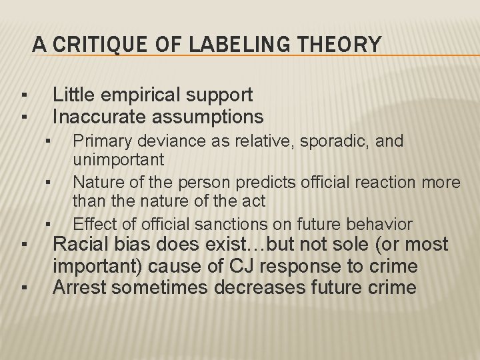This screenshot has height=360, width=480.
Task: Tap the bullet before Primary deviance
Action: [49, 141]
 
